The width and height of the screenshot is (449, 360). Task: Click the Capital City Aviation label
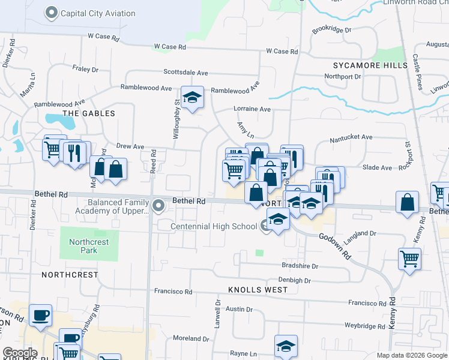coord(98,13)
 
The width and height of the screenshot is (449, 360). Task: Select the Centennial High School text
coord(214,226)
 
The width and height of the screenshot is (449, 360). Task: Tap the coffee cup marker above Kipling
coord(40,316)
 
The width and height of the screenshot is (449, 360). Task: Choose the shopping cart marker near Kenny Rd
coord(409,260)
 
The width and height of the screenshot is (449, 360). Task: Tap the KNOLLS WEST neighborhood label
coord(258,289)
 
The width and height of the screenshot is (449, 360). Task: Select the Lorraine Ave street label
coord(252,109)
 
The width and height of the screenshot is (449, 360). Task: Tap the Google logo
coord(20,352)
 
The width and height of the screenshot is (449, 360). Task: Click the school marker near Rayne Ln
coord(286,346)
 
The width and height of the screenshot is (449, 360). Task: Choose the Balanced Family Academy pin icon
coord(158,206)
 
